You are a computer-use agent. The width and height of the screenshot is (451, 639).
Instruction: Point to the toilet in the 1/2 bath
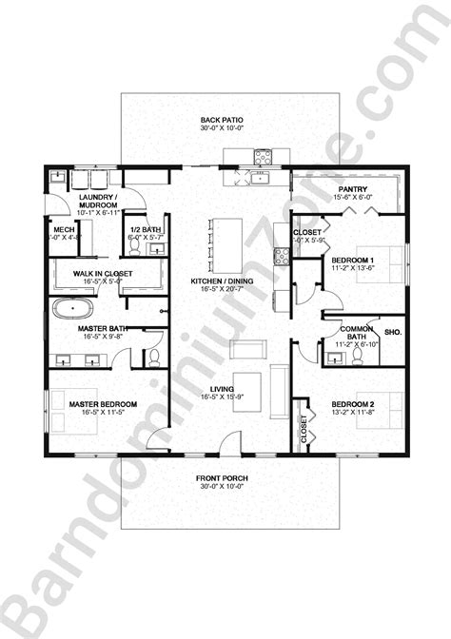pyautogui.click(x=136, y=247)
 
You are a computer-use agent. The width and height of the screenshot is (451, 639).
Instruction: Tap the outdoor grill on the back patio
pyautogui.click(x=262, y=158)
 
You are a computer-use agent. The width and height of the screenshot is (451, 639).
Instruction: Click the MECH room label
pyautogui.click(x=64, y=231)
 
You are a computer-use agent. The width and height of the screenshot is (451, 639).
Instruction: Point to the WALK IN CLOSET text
pyautogui.click(x=102, y=274)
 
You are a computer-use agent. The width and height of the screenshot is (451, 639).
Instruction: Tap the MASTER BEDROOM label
pyautogui.click(x=103, y=404)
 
